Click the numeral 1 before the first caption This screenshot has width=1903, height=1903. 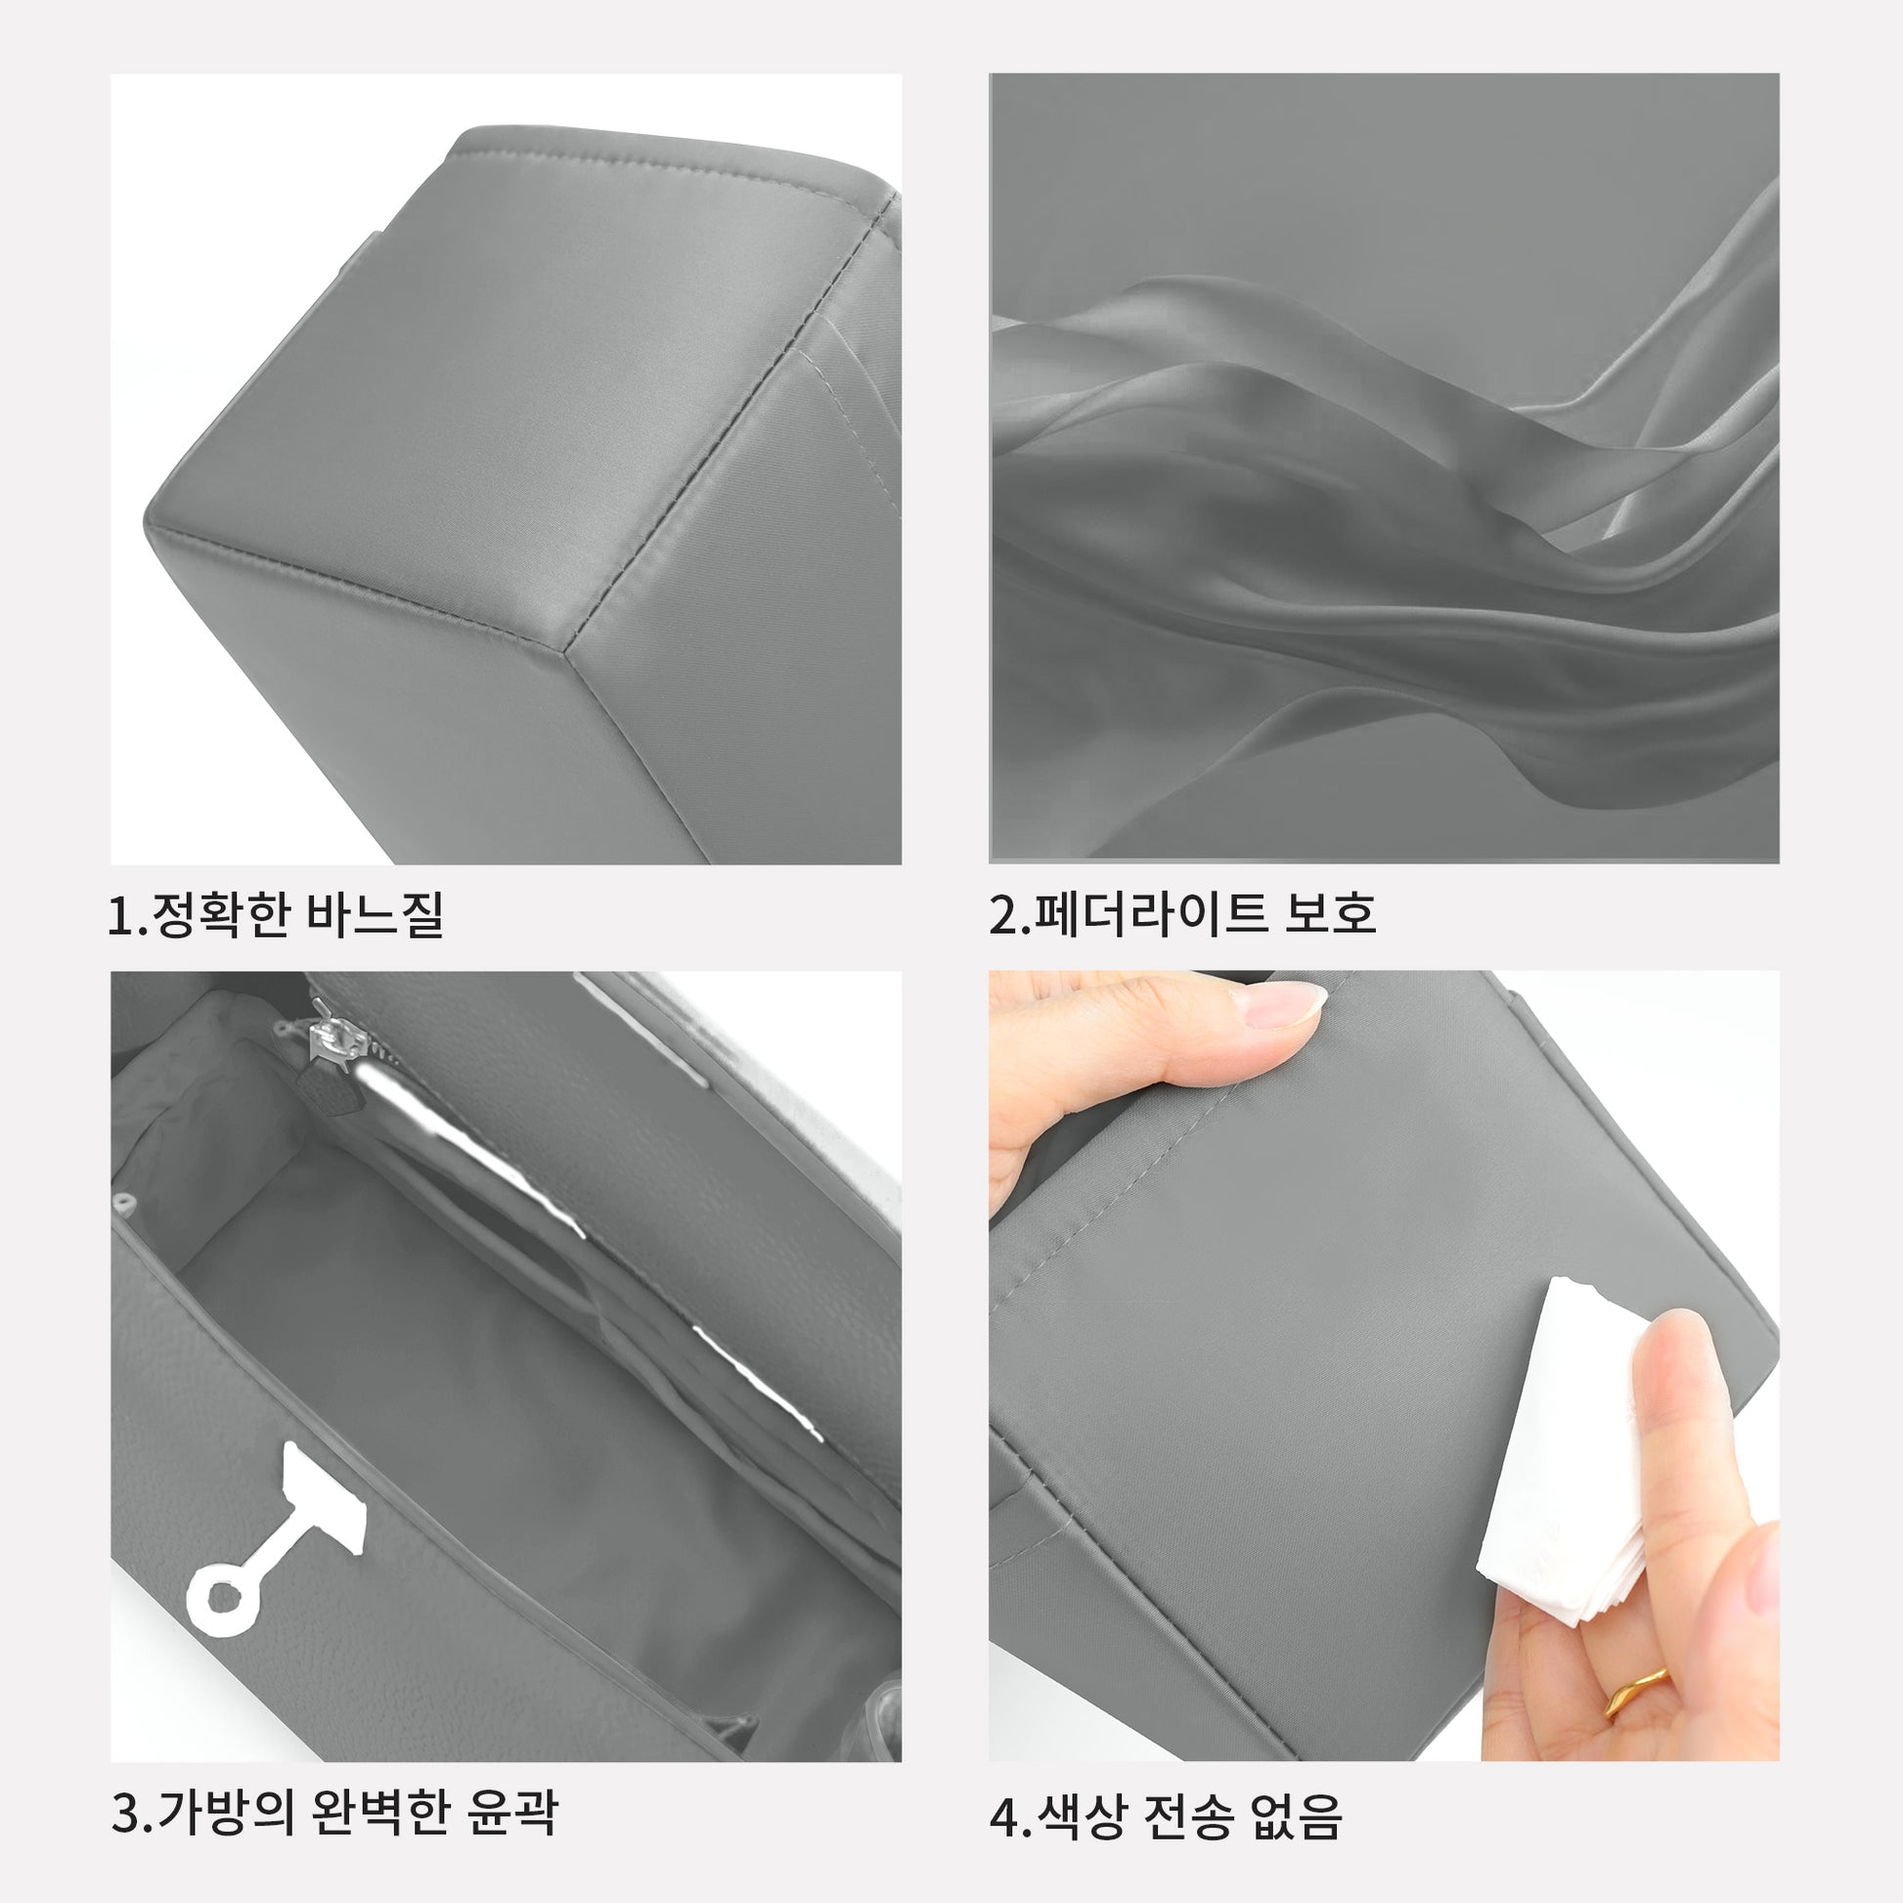(121, 916)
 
